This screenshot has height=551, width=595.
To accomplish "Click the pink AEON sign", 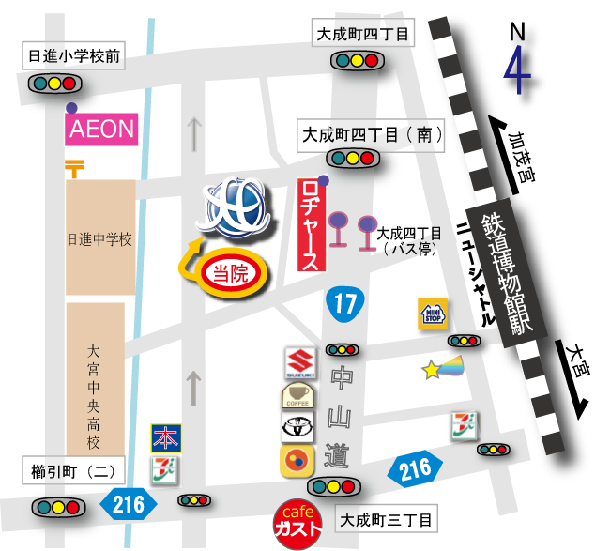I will pos(102,129).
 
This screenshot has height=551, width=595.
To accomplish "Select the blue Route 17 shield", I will pos(344,303).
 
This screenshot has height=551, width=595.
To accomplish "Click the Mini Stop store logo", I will pos(432,313).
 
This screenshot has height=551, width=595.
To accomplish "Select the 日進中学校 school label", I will pos(100,238).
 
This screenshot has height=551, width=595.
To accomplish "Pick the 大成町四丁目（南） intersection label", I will pos(372,135).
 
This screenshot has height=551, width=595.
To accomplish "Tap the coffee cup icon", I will pos(297,395).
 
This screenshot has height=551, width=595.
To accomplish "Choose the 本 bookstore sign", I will pos(165,438).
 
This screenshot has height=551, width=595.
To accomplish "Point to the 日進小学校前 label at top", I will pos(74,56).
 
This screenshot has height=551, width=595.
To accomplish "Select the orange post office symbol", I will pos(74,168).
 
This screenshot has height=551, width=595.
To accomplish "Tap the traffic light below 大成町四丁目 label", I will pos(358,61).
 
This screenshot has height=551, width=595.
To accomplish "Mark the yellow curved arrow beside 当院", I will pos(189,257).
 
